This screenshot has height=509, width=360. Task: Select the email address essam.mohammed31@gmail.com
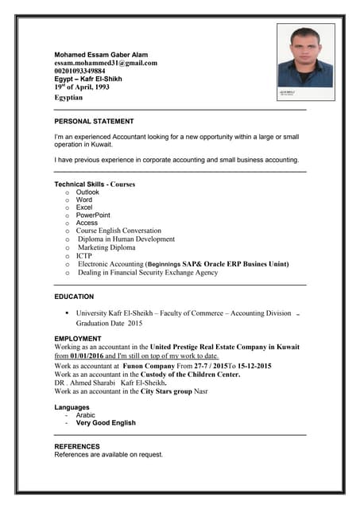tap(106, 63)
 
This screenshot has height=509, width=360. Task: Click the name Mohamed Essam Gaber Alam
tap(102, 54)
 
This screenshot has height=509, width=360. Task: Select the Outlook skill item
tap(87, 192)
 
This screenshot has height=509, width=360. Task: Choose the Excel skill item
tap(84, 208)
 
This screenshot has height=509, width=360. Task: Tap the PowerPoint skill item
tap(93, 216)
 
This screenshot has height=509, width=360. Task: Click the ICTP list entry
tap(84, 256)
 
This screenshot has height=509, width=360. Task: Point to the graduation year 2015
tap(134, 324)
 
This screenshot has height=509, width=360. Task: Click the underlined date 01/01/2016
tap(87, 356)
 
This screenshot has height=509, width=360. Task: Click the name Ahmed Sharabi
tap(90, 383)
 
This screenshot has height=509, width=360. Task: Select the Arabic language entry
tap(85, 415)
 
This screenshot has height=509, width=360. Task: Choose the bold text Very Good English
tap(106, 423)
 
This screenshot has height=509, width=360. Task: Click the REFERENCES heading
tap(77, 446)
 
